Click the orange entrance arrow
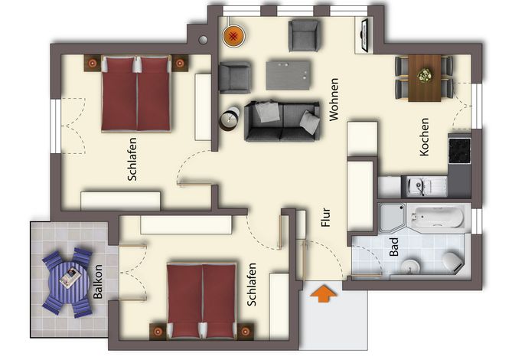tap(323, 293)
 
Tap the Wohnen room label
tap(334, 100)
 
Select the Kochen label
tap(424, 137)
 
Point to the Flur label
tap(326, 218)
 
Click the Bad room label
tap(394, 247)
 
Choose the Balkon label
tap(98, 282)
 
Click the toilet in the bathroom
tap(453, 262)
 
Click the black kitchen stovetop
tap(460, 150)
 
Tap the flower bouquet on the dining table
tap(425, 75)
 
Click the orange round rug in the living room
tap(234, 35)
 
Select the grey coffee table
tap(289, 75)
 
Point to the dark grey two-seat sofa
tap(282, 121)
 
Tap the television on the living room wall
tap(364, 35)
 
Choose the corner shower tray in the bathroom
tap(393, 218)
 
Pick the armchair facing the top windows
tap(304, 35)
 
